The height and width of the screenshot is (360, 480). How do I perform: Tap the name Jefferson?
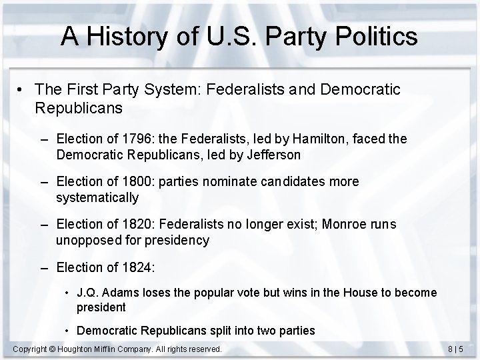273,155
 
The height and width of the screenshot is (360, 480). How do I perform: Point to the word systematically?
97,197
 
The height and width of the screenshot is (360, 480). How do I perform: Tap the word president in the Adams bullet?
101,307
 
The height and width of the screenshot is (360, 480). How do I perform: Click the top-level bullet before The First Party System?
23,89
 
